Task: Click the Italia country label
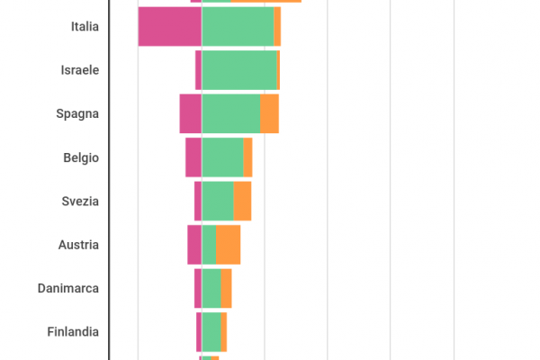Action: (x=84, y=27)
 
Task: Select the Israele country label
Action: (x=79, y=70)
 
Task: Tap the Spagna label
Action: (x=77, y=114)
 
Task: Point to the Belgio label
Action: (x=81, y=157)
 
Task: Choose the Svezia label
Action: (x=80, y=202)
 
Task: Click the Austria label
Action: (x=78, y=245)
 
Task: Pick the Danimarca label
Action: (x=68, y=289)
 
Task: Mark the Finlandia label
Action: (x=73, y=332)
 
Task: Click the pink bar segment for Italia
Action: (x=169, y=26)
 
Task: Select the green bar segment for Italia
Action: (x=238, y=26)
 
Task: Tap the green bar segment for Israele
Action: (x=238, y=70)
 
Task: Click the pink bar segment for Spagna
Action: (x=190, y=114)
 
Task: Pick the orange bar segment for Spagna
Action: (x=269, y=114)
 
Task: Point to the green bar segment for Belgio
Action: (x=222, y=157)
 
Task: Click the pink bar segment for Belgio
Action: (x=193, y=157)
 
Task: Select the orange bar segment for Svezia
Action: (x=242, y=202)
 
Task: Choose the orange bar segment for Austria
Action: (x=228, y=245)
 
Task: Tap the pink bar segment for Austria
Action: (x=194, y=245)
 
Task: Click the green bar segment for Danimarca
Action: (x=211, y=289)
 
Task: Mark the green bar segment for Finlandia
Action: (x=211, y=332)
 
